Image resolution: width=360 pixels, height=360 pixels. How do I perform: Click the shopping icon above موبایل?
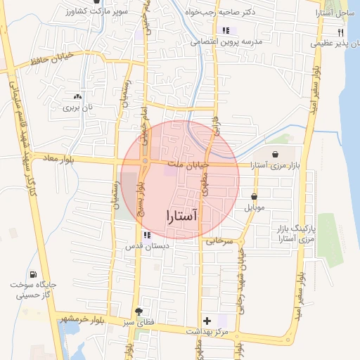tap(253, 196)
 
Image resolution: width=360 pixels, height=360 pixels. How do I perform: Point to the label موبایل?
tap(254, 208)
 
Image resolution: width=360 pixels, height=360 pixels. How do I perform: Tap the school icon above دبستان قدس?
tap(146, 236)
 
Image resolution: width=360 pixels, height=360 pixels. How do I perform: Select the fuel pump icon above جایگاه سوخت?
tap(32, 274)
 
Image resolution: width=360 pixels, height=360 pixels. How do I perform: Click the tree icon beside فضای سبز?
tap(139, 311)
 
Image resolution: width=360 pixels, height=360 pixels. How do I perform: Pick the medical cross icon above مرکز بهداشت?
tap(206, 320)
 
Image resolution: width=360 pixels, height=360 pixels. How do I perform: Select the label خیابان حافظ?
tap(51, 61)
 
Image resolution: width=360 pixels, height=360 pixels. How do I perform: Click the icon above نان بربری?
tap(77, 96)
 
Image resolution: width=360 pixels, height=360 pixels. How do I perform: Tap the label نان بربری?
tap(77, 108)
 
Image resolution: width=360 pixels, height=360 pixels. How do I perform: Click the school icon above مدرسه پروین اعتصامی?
tap(226, 30)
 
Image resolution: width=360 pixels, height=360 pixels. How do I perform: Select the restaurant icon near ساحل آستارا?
tap(340, 32)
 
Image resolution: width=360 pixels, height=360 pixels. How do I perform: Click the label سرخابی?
tap(219, 240)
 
